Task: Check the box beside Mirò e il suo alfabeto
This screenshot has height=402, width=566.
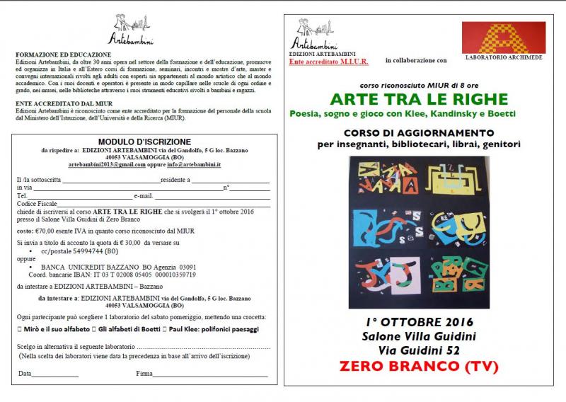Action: [x=20, y=330]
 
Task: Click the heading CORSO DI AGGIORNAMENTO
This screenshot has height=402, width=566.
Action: [x=409, y=132]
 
